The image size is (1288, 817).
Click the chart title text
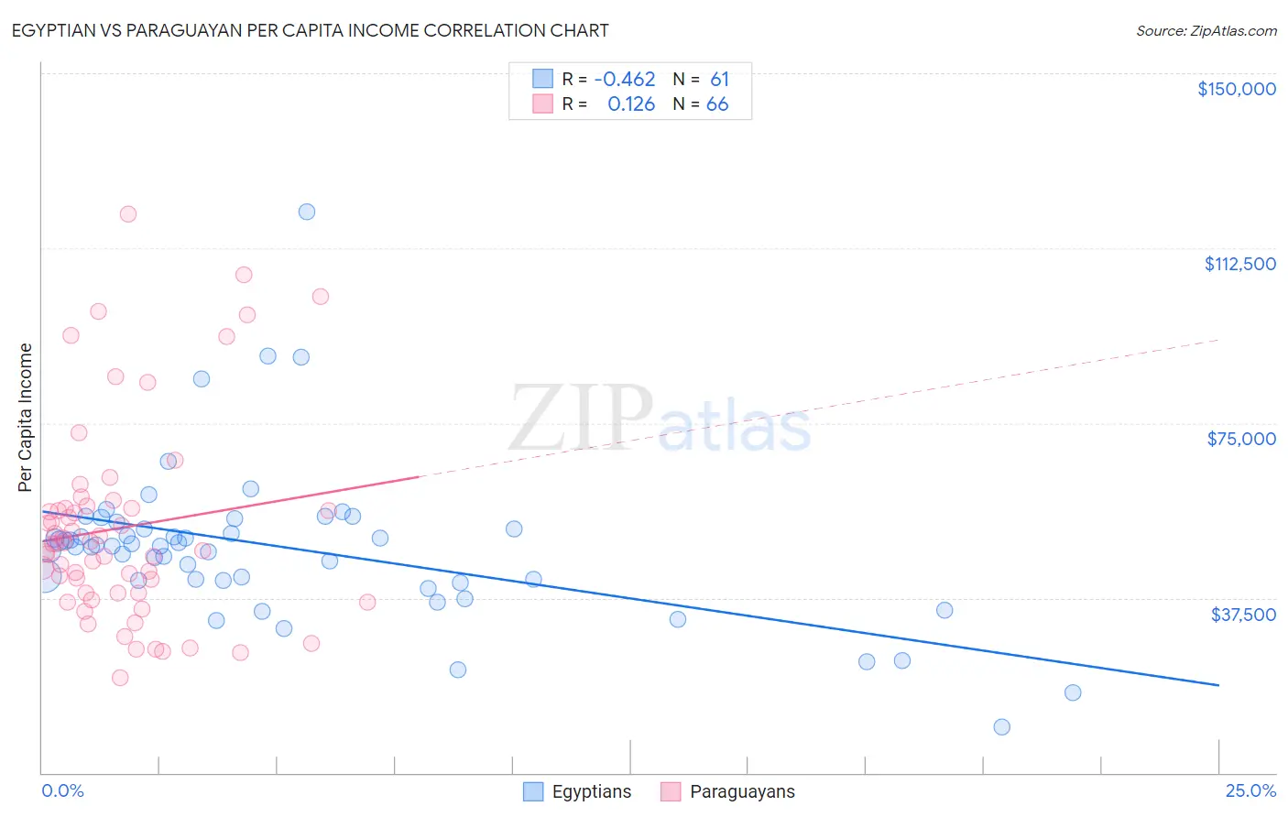point(310,30)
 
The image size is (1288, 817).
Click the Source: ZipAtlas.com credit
point(1206,30)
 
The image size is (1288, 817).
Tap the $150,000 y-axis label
point(1236,89)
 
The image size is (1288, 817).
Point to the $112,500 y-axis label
point(1239,264)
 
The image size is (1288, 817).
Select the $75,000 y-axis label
point(1240,439)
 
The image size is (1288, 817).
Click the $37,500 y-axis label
point(1242,615)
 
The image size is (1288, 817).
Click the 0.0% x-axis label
point(62,790)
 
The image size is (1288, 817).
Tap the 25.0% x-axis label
point(1250,790)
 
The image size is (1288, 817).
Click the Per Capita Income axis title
point(26,417)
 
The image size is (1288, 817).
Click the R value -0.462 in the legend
point(625,80)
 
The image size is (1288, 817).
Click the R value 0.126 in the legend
point(631,104)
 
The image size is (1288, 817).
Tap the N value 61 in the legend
point(719,80)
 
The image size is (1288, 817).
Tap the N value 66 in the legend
point(717,104)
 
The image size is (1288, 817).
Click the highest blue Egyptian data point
point(307,212)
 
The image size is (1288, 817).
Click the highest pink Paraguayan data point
point(128,214)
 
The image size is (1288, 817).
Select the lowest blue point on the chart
point(1002,727)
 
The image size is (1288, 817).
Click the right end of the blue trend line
point(1218,685)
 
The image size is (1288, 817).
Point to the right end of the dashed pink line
point(1218,340)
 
